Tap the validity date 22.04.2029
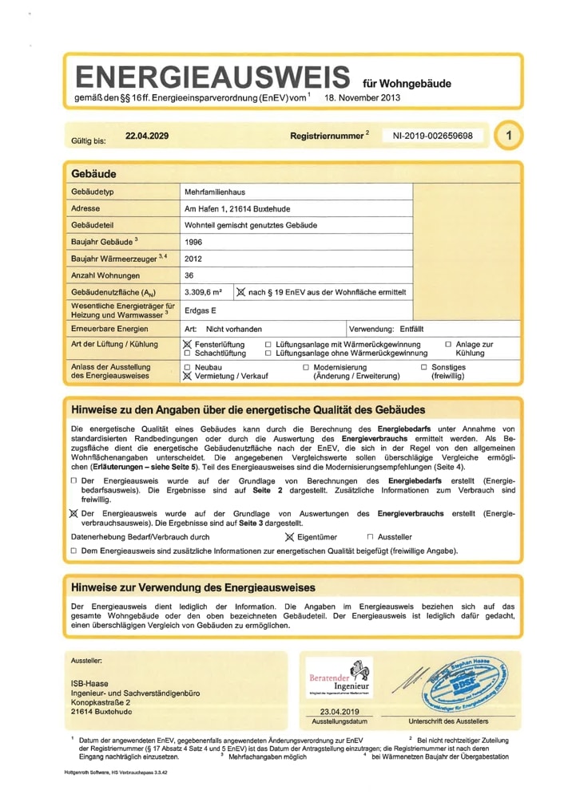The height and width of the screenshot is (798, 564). click(x=147, y=136)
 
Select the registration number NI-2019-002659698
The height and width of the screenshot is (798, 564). click(x=433, y=136)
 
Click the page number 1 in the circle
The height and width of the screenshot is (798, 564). click(x=508, y=136)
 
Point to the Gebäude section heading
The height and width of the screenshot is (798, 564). click(x=93, y=173)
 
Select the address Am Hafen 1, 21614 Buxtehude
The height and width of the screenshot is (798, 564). click(x=236, y=209)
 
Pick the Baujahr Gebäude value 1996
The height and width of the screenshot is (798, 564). click(x=193, y=242)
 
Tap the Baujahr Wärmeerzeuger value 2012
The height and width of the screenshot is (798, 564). click(x=193, y=259)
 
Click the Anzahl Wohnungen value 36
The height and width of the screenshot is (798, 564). click(x=189, y=275)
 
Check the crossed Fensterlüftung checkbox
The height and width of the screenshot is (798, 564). click(x=188, y=344)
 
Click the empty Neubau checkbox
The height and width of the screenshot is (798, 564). click(x=188, y=367)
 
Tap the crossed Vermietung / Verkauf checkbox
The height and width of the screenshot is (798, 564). click(x=188, y=376)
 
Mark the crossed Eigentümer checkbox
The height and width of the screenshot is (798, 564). click(x=289, y=537)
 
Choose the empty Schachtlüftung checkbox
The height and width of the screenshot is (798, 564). click(x=188, y=353)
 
